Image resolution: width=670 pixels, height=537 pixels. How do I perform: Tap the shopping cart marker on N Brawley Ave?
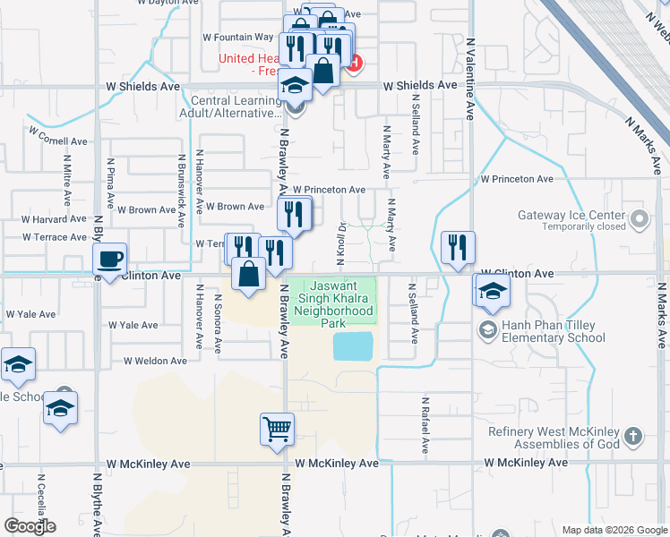click(x=277, y=429)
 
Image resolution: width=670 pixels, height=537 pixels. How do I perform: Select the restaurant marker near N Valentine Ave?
click(x=458, y=248)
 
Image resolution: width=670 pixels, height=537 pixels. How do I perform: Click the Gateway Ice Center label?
click(x=571, y=216)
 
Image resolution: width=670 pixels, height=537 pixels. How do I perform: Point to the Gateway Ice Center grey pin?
click(x=639, y=217)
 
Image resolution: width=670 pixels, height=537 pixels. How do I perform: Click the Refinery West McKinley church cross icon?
click(x=633, y=437)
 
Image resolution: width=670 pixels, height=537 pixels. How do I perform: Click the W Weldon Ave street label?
click(x=155, y=361)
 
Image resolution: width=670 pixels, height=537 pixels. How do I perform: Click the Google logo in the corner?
click(x=30, y=526)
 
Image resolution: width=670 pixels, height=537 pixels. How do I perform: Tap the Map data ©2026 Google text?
click(x=614, y=530)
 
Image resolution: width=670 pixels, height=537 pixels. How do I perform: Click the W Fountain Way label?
click(x=237, y=38)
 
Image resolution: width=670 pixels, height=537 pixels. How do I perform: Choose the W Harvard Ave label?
click(x=54, y=218)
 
